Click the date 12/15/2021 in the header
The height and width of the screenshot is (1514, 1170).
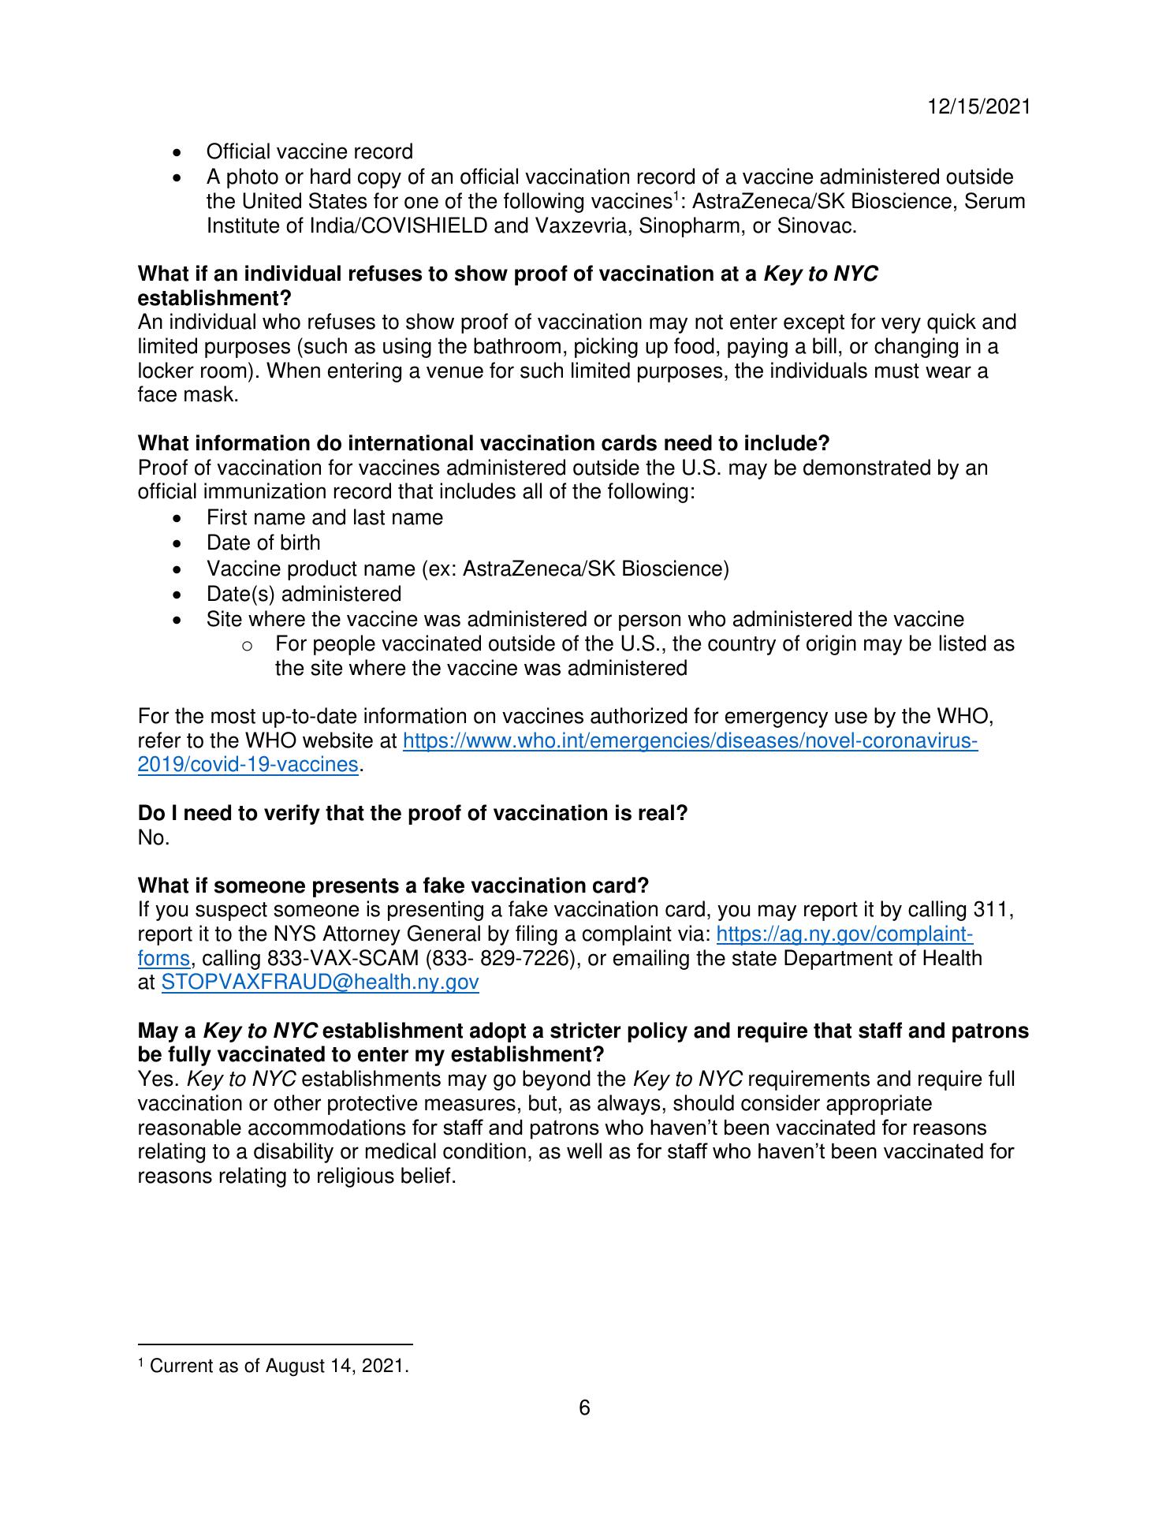point(978,107)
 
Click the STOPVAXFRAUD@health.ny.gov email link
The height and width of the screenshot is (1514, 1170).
point(320,983)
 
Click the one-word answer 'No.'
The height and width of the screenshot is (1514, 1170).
point(154,838)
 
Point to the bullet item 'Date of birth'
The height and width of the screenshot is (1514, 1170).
point(263,543)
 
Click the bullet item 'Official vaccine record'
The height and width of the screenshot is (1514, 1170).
point(309,151)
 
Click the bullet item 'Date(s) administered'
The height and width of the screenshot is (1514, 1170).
point(304,594)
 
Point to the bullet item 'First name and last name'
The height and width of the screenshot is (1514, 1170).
point(324,517)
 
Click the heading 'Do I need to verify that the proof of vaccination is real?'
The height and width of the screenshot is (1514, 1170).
point(412,813)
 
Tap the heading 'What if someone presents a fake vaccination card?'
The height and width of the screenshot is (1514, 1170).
point(393,886)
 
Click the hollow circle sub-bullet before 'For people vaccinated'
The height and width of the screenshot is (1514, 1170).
point(247,646)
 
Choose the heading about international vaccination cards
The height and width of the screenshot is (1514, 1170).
point(483,443)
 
